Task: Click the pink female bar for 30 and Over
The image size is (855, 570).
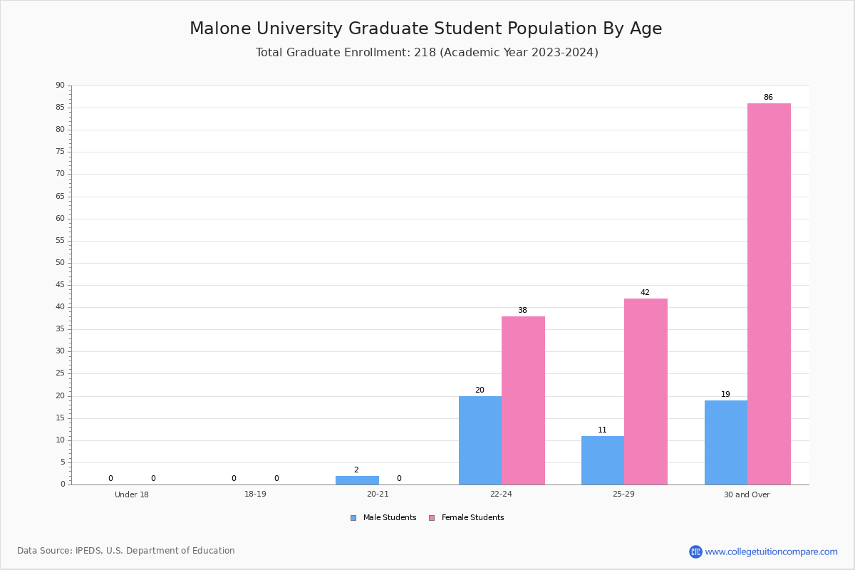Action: [769, 294]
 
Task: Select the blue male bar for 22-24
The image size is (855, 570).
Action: [480, 440]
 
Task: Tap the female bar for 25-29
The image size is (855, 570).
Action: [646, 391]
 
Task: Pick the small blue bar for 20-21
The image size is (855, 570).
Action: [357, 480]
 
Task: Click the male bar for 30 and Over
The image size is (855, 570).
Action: [725, 442]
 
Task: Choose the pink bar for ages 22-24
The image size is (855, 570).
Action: [523, 400]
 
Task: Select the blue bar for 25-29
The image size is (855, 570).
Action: [602, 460]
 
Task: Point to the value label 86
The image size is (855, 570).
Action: [768, 98]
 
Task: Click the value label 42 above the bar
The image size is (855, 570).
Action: [645, 293]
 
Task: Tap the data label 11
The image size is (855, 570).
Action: [602, 430]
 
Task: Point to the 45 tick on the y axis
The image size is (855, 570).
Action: [61, 285]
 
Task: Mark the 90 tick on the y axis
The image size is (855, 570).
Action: [61, 85]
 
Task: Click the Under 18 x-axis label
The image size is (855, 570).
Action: [132, 494]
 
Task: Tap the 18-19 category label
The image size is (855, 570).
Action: [255, 494]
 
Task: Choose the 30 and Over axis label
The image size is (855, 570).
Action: [747, 494]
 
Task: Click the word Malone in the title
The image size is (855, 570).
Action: [218, 29]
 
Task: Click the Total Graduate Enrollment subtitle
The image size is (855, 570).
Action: [427, 53]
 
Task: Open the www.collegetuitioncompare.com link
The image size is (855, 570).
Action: [771, 551]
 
